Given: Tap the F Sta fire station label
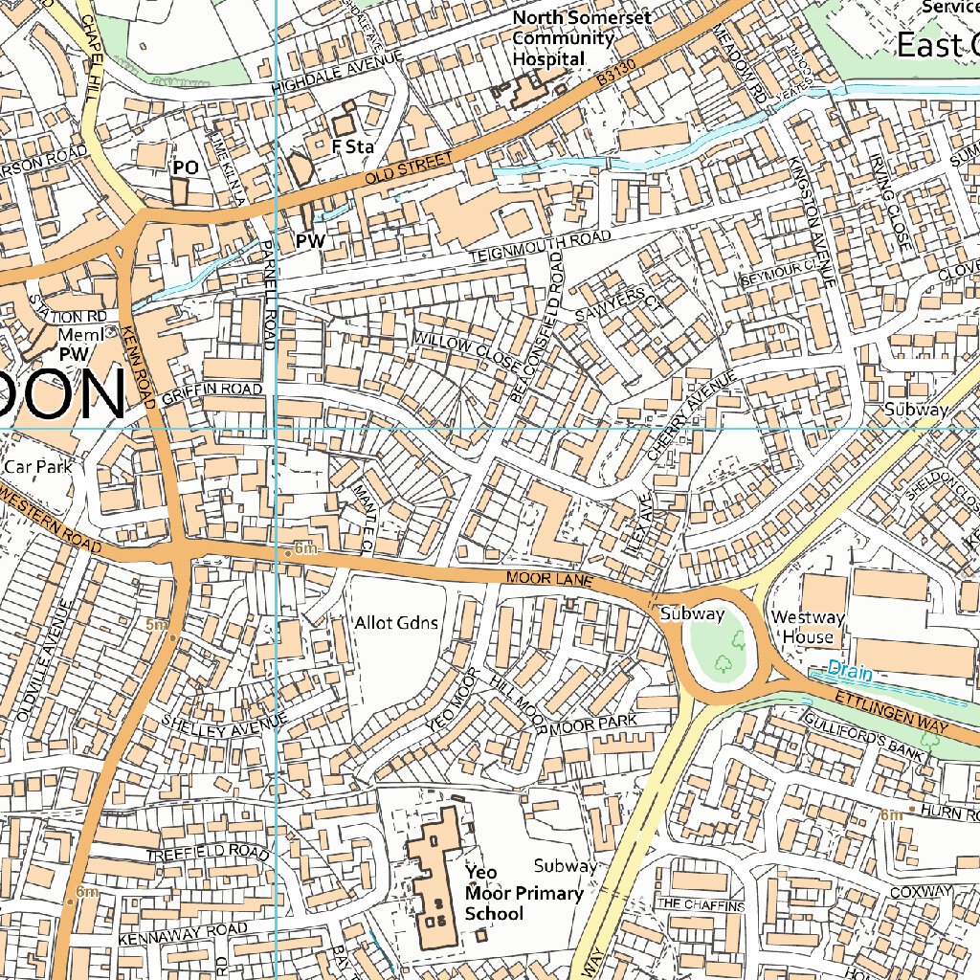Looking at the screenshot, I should [x=350, y=147].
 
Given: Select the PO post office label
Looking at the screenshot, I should [x=185, y=167].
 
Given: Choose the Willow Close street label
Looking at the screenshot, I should [x=467, y=353].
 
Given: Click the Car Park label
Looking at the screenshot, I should [x=38, y=467].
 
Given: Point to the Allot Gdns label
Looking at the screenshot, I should [x=396, y=623].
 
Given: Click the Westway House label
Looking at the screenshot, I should [x=808, y=627].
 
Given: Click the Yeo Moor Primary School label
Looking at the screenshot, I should [x=523, y=893].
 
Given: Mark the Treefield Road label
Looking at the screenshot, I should [x=208, y=851].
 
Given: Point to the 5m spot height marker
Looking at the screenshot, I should [x=157, y=625].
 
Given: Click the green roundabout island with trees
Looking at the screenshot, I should [x=724, y=644].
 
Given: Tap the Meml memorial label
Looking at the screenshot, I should [x=79, y=335].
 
